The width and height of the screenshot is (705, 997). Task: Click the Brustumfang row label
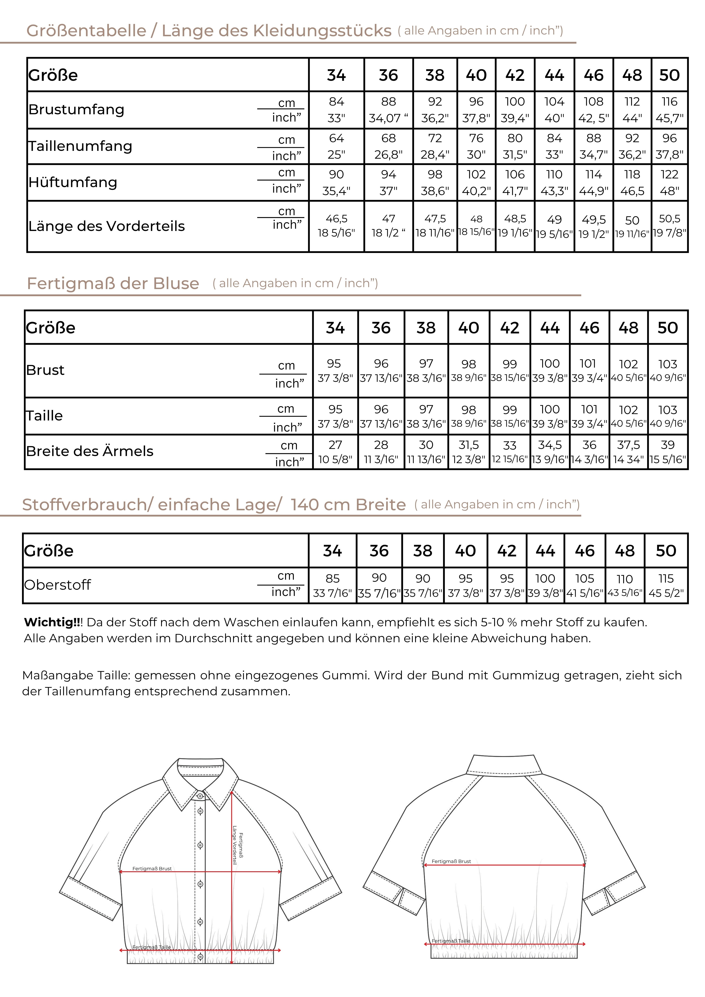pos(76,109)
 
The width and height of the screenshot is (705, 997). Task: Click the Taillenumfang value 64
pos(336,138)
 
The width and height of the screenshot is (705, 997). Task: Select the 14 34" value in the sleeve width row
pos(628,459)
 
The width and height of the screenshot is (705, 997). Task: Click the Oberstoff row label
pos(57,585)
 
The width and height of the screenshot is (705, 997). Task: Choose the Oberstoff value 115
pos(666,578)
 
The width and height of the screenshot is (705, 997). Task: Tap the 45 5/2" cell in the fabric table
pos(666,593)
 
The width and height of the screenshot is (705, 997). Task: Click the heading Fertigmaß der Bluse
pos(113,283)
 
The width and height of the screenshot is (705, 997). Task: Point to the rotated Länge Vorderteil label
pos(235,845)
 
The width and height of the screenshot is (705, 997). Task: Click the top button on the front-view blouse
pos(200,796)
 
